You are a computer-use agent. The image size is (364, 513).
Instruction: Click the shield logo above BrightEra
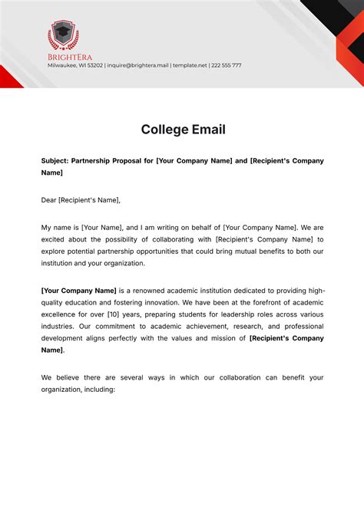(63, 35)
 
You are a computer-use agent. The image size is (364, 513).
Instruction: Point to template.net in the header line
(190, 65)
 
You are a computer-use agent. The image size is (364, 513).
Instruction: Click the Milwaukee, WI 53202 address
(75, 65)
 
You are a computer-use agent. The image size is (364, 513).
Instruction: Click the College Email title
(183, 129)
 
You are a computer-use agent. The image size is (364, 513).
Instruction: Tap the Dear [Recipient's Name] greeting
(81, 200)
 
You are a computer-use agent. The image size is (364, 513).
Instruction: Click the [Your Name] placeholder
(100, 228)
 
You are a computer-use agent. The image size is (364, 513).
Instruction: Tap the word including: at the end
(96, 389)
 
